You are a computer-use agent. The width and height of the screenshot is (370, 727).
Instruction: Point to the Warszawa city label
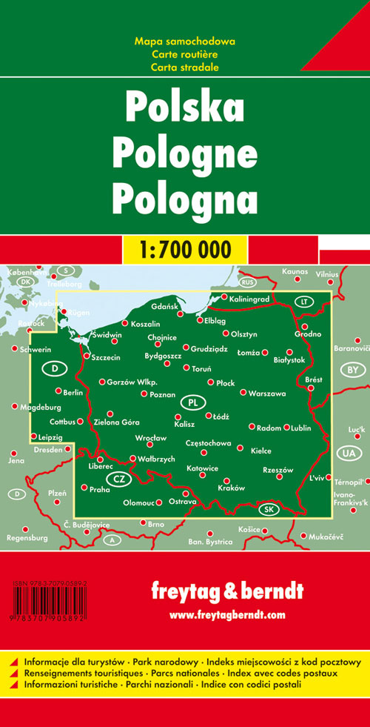point(267,393)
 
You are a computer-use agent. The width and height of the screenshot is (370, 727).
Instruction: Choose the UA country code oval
point(347,453)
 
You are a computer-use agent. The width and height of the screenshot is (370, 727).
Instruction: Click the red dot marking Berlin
point(58,391)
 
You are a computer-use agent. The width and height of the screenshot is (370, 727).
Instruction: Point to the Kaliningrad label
point(254,298)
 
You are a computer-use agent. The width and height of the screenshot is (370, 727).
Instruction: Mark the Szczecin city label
point(107,357)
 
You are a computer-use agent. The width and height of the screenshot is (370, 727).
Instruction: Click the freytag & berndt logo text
point(226,591)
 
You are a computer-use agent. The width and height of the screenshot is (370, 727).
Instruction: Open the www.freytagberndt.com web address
point(226,615)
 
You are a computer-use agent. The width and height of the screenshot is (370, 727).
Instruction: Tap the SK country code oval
point(269,509)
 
